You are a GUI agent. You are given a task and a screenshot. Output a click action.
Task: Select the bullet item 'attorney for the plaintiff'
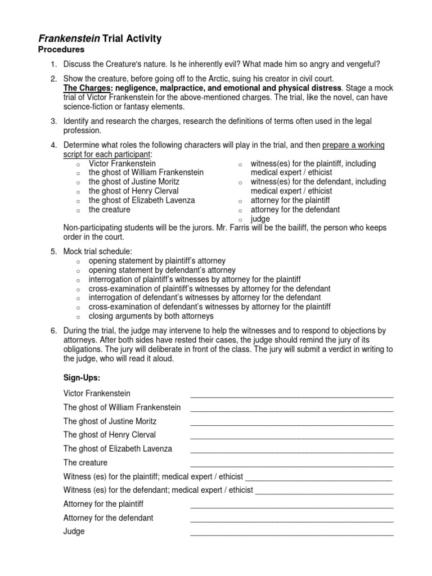pos(290,200)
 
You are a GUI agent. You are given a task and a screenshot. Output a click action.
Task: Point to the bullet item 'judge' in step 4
pos(260,219)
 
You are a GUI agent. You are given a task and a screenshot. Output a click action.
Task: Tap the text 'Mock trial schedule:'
pos(98,251)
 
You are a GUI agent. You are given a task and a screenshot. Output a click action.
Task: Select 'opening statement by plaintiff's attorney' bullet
pos(157,261)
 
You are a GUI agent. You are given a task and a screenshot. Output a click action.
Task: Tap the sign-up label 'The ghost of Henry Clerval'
pos(110,435)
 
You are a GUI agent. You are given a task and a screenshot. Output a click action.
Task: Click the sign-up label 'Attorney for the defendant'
pos(109,517)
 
